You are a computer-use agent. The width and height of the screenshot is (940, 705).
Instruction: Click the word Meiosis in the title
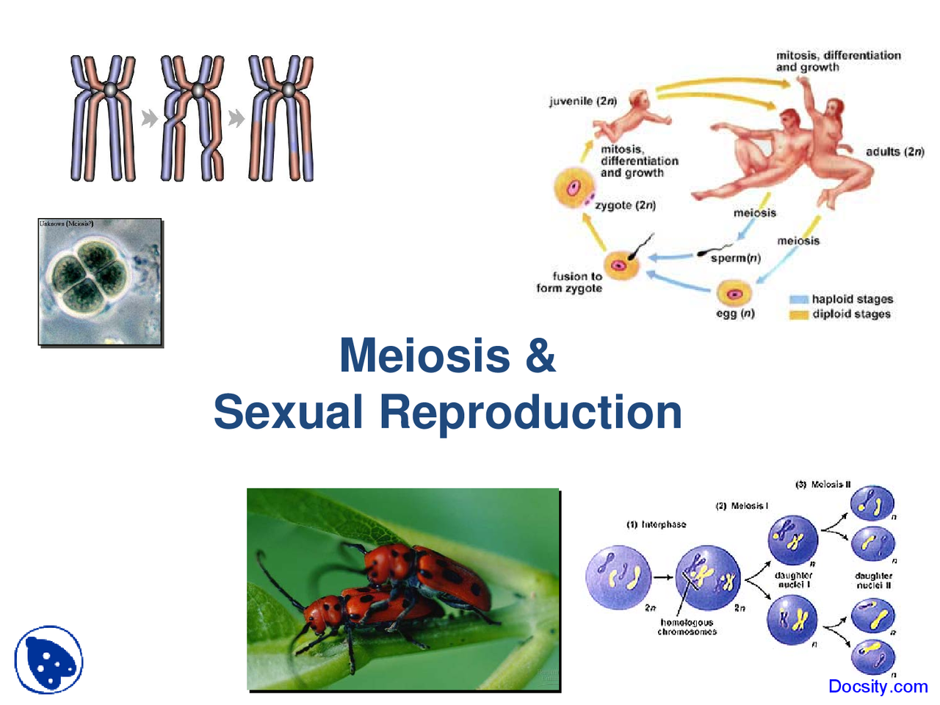tap(424, 355)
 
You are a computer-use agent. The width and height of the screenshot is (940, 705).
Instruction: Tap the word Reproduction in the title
tap(530, 412)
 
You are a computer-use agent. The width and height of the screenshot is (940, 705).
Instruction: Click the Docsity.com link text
tap(878, 687)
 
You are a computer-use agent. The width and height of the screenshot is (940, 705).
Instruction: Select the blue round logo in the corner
tap(48, 659)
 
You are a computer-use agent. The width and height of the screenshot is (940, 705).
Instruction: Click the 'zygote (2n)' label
tap(625, 206)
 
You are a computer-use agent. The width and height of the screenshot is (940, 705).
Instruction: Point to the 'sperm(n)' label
tap(735, 258)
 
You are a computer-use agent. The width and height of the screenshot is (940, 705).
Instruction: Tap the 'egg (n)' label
tap(735, 314)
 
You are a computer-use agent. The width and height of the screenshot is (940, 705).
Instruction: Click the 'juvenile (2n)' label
tap(583, 101)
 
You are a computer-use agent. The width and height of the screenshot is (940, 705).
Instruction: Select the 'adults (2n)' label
tap(894, 152)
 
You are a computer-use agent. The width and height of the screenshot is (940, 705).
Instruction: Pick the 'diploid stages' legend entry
tap(850, 314)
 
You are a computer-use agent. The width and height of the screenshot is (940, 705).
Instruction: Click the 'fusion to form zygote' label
tap(569, 283)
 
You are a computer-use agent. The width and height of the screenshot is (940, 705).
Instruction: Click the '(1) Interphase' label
tap(656, 524)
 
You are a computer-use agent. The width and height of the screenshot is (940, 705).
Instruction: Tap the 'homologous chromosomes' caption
tap(687, 627)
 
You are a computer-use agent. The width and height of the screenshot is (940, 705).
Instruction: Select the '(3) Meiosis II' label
tap(822, 485)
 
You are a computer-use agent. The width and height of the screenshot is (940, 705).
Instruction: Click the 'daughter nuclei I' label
tap(793, 580)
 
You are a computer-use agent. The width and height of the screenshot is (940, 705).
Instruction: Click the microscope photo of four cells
tap(100, 282)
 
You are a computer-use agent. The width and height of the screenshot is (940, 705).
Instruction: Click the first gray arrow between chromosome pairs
tap(149, 118)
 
